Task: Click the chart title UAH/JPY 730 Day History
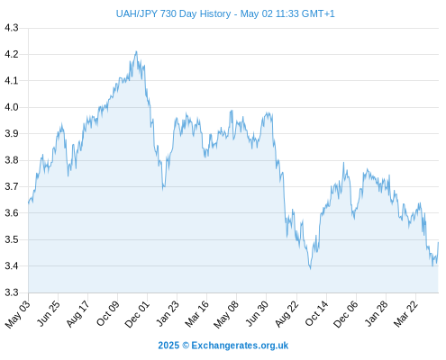(x=173, y=13)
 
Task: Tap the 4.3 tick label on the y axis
(x=12, y=28)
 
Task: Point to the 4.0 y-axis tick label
(x=12, y=107)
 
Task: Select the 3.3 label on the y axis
(x=12, y=292)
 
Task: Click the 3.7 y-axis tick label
(x=12, y=186)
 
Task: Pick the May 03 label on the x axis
(x=18, y=313)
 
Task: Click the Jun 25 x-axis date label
(x=49, y=313)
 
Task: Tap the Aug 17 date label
(x=77, y=313)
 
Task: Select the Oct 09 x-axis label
(x=107, y=313)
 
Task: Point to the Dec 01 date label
(x=137, y=314)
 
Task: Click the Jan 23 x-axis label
(x=168, y=313)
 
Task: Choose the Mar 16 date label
(x=196, y=313)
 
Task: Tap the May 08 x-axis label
(x=226, y=314)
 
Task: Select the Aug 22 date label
(x=287, y=313)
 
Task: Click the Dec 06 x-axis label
(x=346, y=314)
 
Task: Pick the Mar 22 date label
(x=405, y=313)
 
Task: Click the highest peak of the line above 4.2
(x=136, y=51)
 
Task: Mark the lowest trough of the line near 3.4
(x=310, y=269)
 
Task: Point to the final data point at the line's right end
(x=438, y=242)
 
